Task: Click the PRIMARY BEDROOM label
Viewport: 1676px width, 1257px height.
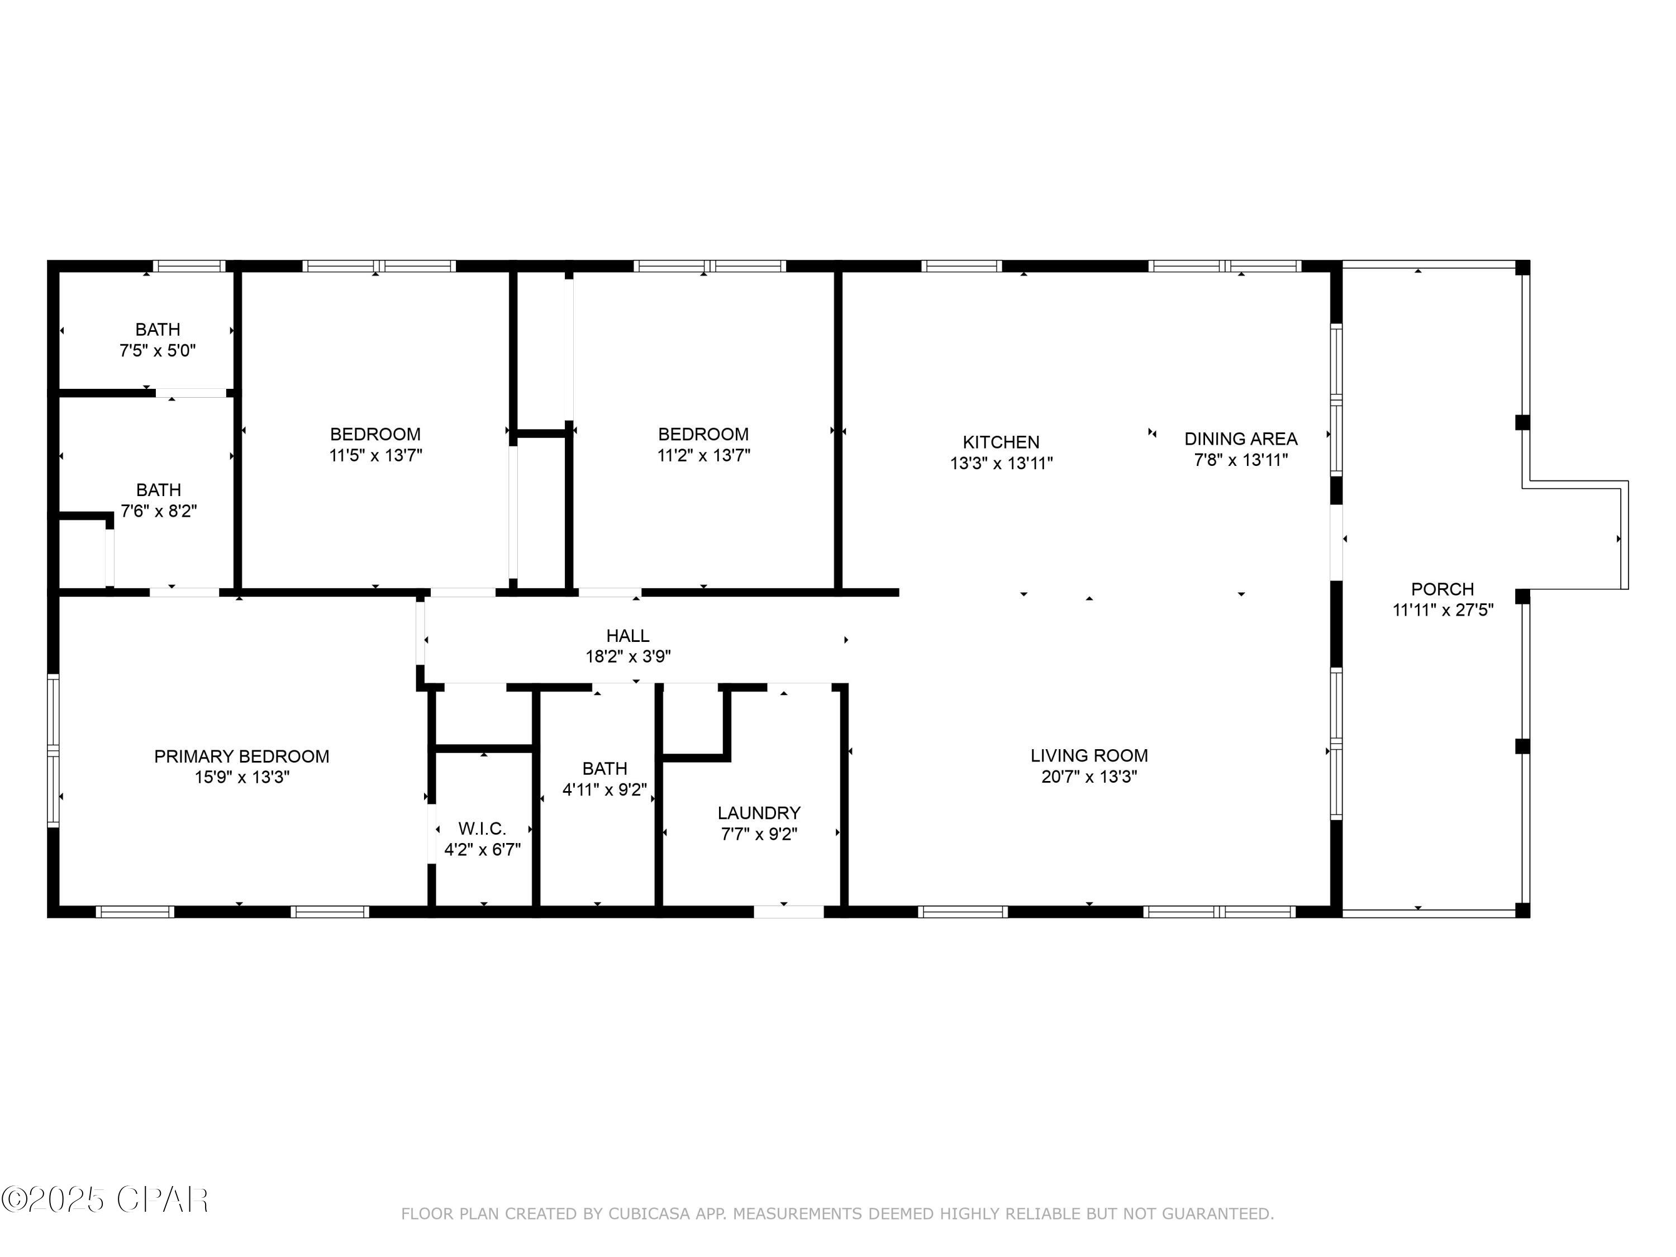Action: (x=242, y=756)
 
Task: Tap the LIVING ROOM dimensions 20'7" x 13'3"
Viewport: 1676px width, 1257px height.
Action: (x=1089, y=777)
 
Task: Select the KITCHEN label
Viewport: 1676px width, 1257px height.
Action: (x=1001, y=442)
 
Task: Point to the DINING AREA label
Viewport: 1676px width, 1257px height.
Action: (x=1240, y=439)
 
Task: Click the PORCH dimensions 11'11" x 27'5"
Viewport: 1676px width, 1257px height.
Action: (x=1442, y=610)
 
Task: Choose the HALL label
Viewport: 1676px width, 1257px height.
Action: (x=627, y=636)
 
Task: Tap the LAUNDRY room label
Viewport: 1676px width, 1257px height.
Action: (x=759, y=813)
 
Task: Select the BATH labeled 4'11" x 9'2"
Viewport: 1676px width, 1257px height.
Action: (x=604, y=779)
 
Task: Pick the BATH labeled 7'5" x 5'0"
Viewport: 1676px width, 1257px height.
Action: (x=158, y=340)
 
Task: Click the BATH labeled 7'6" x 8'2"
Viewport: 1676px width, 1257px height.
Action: (x=158, y=500)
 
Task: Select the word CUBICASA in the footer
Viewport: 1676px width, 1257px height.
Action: (x=649, y=1214)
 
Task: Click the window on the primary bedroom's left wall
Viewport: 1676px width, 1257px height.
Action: (x=53, y=750)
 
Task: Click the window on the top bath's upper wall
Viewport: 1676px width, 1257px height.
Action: (x=189, y=266)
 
